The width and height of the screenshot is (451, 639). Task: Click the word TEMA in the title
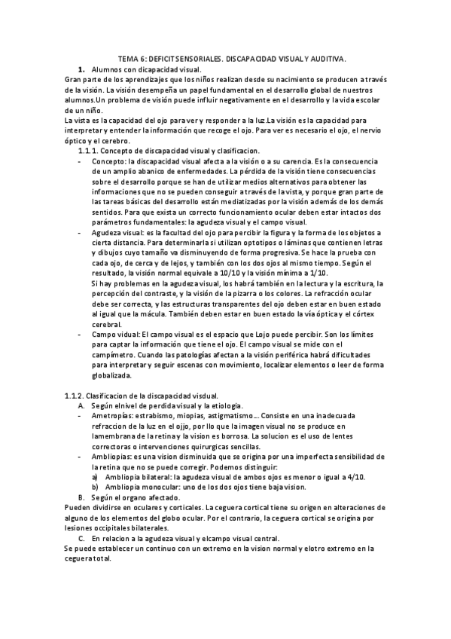click(129, 57)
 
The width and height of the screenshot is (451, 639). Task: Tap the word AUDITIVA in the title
click(326, 57)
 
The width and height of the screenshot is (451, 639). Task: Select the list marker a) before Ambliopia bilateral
click(95, 476)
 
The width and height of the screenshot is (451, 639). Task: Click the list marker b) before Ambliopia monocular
click(95, 487)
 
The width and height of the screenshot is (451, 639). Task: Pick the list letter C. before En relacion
click(81, 538)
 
